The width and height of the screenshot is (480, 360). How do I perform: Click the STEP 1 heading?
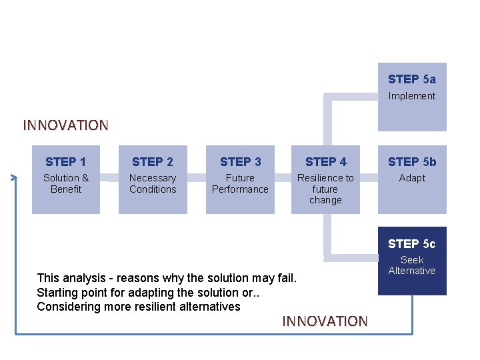click(x=65, y=162)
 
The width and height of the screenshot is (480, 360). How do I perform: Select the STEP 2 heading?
click(x=152, y=162)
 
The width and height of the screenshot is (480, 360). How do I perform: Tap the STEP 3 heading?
click(x=240, y=162)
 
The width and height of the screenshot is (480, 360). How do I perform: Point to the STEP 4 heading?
click(x=325, y=162)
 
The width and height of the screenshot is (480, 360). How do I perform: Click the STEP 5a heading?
click(x=411, y=79)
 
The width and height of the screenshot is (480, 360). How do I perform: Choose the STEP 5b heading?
click(x=411, y=162)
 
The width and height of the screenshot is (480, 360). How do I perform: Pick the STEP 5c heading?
click(x=411, y=244)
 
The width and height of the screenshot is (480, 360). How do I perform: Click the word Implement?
click(x=411, y=96)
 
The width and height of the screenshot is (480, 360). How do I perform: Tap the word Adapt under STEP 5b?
click(x=411, y=178)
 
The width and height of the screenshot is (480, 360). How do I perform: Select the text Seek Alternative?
click(x=411, y=265)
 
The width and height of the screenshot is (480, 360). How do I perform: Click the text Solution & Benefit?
click(x=65, y=183)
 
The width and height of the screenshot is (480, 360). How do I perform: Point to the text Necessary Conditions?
click(x=152, y=183)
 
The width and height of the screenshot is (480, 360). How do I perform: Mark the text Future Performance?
click(x=240, y=183)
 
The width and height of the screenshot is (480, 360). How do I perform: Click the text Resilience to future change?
click(x=325, y=189)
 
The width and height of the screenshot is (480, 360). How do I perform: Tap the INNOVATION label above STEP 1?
click(x=65, y=125)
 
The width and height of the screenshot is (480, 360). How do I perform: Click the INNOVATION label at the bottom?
click(x=325, y=321)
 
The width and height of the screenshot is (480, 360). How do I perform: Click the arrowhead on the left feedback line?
click(x=15, y=177)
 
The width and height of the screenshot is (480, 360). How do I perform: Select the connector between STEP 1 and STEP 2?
click(x=109, y=178)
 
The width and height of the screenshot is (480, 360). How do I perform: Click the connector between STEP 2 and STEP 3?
click(x=196, y=178)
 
